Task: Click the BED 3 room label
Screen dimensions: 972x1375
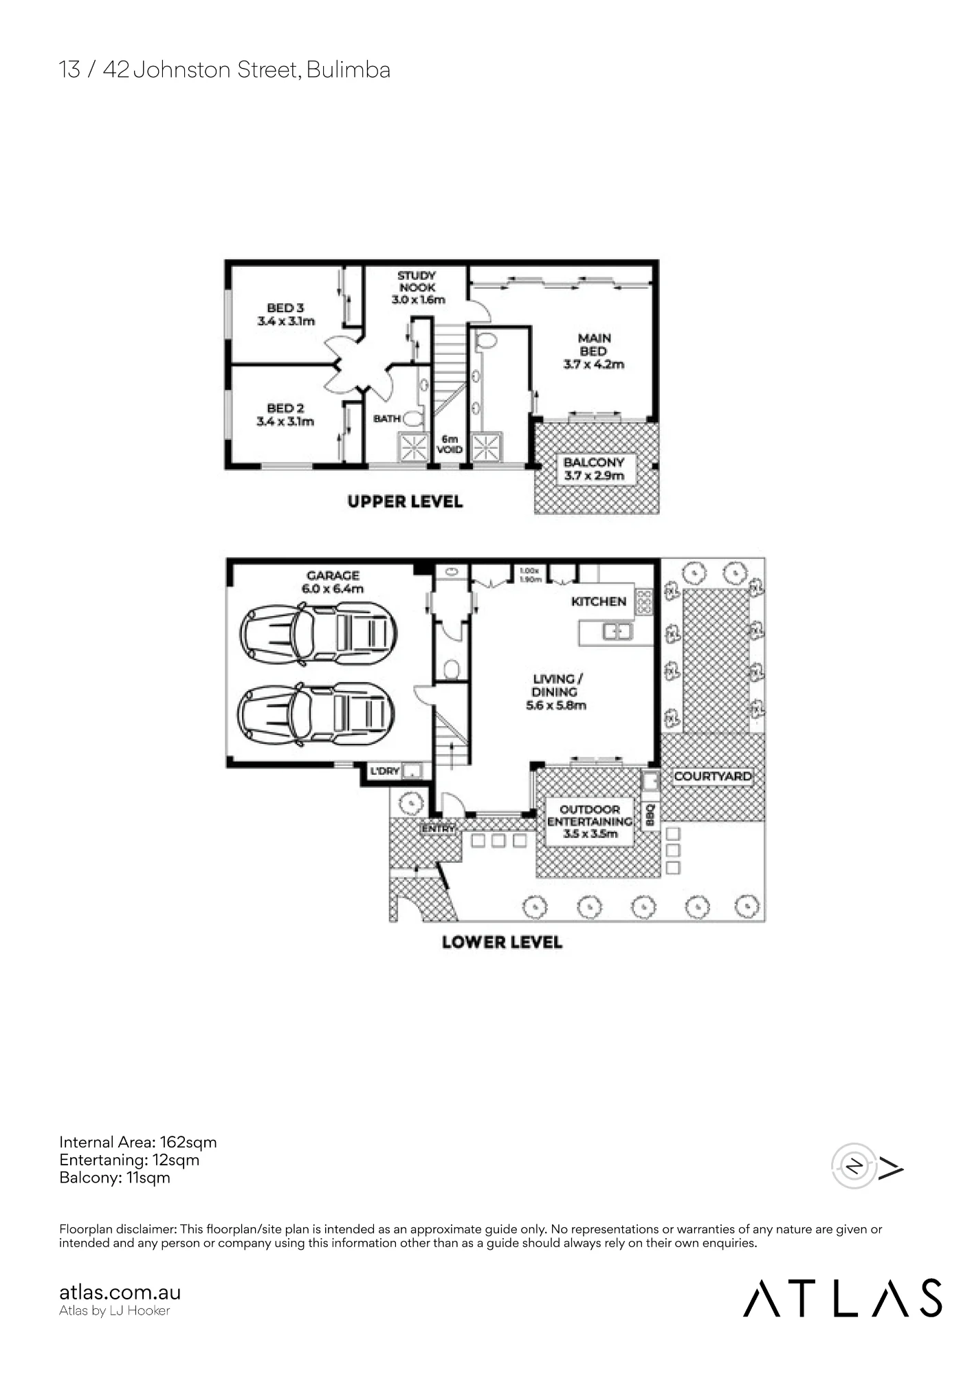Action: (286, 314)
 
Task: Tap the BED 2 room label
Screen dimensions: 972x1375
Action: (285, 415)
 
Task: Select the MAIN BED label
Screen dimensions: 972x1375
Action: (594, 351)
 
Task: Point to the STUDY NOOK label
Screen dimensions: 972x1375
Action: (418, 287)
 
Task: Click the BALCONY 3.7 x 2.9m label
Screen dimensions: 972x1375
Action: (595, 469)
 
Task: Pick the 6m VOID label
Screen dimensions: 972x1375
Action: (450, 444)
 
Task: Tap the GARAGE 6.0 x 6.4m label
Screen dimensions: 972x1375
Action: (333, 582)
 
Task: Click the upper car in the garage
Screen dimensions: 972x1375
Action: (318, 633)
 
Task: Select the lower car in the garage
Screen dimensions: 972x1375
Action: (316, 714)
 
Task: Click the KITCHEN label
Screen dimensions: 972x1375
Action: (599, 602)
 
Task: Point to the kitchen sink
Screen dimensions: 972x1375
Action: (617, 630)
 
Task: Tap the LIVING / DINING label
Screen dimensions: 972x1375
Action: (556, 692)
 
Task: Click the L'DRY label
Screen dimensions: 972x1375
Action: (385, 771)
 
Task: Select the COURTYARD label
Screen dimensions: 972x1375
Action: (712, 776)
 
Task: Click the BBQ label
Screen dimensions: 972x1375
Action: (650, 816)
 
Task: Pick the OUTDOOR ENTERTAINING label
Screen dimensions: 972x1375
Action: (589, 822)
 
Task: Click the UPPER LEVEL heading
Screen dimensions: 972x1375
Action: (405, 502)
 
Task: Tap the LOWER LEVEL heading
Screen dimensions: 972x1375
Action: (502, 943)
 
